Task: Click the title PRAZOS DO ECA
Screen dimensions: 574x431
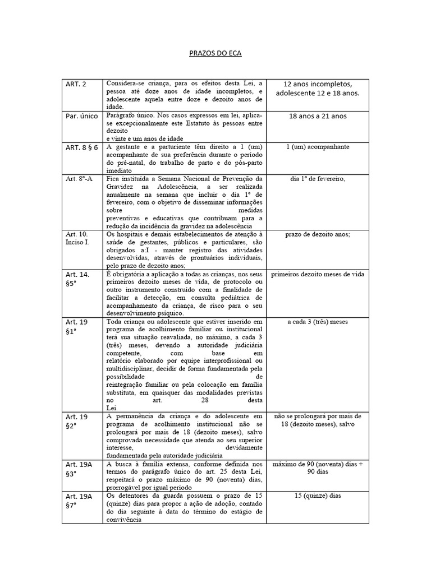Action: coord(215,54)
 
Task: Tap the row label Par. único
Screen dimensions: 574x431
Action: coord(82,116)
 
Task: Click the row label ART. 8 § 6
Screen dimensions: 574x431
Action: coord(82,147)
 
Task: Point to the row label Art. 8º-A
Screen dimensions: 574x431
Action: coord(79,179)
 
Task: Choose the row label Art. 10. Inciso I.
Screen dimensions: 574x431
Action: coord(77,238)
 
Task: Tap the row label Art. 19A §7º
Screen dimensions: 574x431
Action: coord(79,501)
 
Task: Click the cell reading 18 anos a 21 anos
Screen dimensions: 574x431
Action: coord(318,116)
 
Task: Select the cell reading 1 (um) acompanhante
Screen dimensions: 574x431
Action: coord(318,147)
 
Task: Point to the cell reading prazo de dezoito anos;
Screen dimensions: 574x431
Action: coord(318,234)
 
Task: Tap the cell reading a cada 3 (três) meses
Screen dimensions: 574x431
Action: coord(318,322)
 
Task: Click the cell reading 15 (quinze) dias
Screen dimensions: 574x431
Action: coord(318,496)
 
